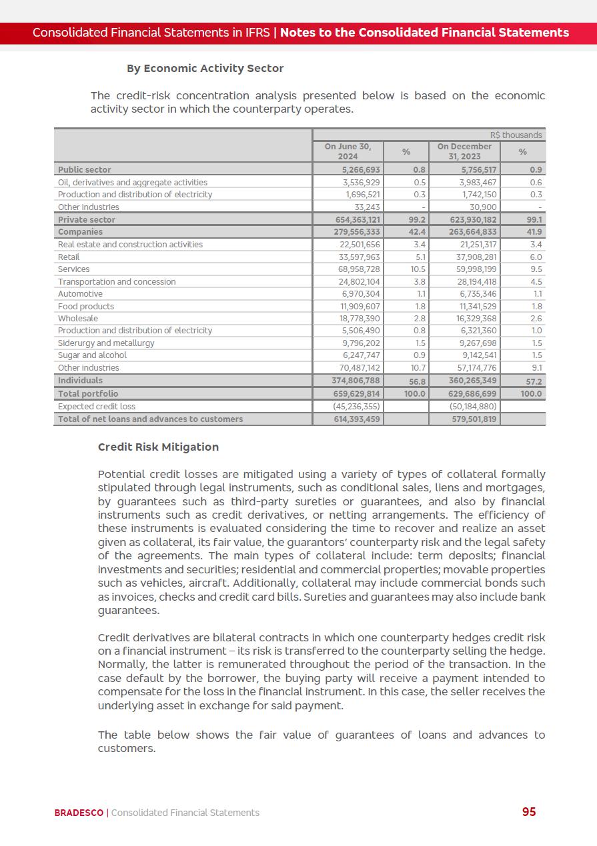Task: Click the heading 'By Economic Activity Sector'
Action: coord(205,68)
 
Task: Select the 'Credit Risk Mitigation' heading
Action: coord(158,447)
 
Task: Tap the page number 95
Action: coord(529,811)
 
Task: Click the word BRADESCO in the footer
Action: coord(79,813)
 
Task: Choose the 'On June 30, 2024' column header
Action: coord(348,151)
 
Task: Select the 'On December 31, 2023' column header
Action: coord(464,151)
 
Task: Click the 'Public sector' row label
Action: coord(85,170)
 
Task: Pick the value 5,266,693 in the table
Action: coord(357,170)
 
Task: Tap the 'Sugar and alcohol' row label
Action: coord(92,355)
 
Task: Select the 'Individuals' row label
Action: coord(80,381)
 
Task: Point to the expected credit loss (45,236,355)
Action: coord(356,406)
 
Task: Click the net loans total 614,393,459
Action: coord(357,419)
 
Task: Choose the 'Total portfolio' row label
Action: coord(88,394)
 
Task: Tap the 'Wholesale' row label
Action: coord(77,319)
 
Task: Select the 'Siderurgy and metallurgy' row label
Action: coord(106,343)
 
